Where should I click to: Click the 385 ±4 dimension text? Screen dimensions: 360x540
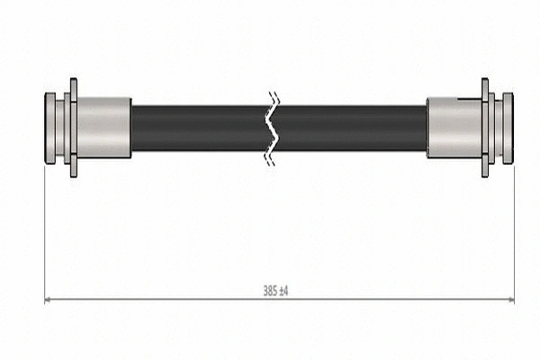pos(275,291)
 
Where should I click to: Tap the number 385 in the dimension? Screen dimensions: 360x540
pos(269,291)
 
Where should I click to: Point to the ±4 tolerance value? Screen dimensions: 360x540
pos(283,291)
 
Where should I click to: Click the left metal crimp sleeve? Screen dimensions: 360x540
pos(103,128)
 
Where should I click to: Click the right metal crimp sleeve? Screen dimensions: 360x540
pos(454,128)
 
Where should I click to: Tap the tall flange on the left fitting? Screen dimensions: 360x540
pos(72,128)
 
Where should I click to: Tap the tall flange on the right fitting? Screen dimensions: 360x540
pos(485,128)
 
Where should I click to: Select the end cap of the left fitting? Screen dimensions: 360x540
pos(50,128)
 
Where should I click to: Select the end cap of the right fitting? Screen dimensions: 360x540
pos(508,128)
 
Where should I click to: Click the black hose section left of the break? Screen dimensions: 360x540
pos(198,128)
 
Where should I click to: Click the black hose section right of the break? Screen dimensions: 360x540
pos(351,128)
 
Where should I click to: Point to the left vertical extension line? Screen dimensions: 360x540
pos(44,234)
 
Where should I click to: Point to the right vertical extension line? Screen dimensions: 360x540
pos(514,234)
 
